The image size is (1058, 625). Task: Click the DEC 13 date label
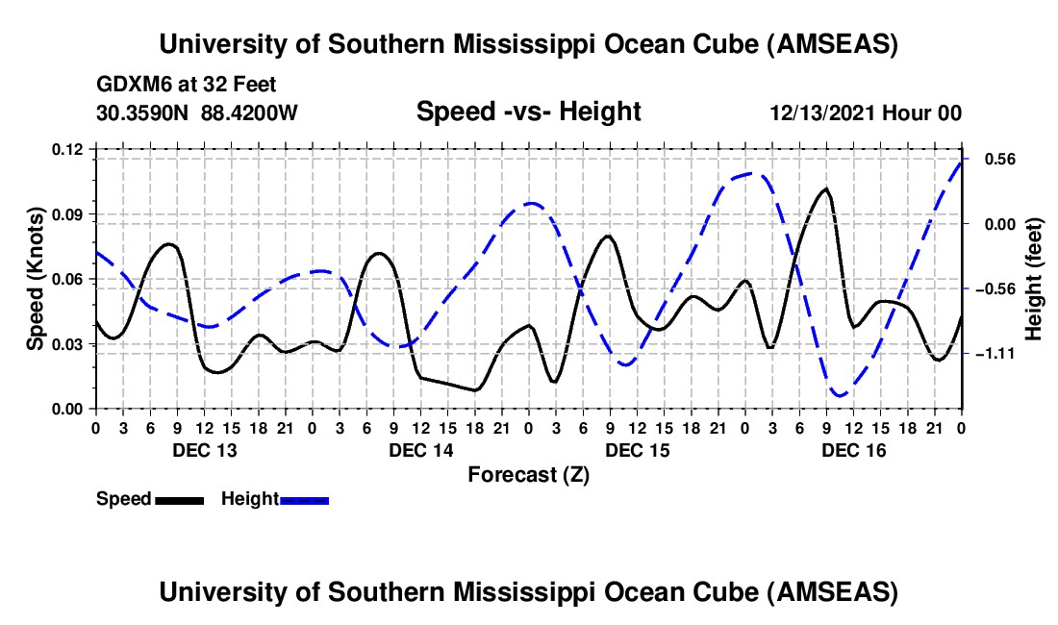[203, 450]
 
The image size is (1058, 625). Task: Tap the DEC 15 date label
[637, 450]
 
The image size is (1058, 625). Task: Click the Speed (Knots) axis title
[36, 279]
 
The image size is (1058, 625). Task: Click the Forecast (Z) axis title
[528, 474]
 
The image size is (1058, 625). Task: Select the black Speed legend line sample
[178, 500]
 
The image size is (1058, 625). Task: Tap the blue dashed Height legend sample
[304, 500]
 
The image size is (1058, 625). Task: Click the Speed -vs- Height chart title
[528, 112]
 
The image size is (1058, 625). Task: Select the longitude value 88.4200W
[249, 113]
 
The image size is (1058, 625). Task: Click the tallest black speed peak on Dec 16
[825, 188]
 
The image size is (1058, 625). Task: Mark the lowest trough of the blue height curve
[840, 395]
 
